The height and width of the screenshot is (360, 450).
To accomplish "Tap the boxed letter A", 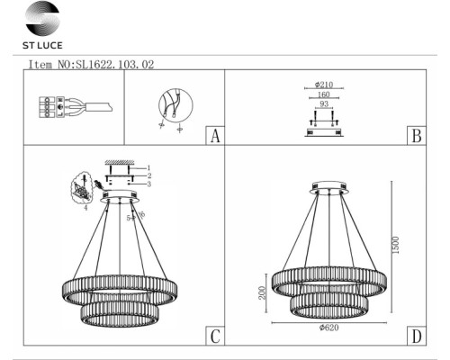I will click(x=213, y=136).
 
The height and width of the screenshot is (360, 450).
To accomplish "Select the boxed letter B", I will click(x=416, y=136).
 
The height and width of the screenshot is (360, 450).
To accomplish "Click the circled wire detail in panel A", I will click(x=171, y=106).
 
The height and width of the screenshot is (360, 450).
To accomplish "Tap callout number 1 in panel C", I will click(x=149, y=168).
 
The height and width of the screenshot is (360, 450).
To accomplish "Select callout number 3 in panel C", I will click(x=149, y=184).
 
